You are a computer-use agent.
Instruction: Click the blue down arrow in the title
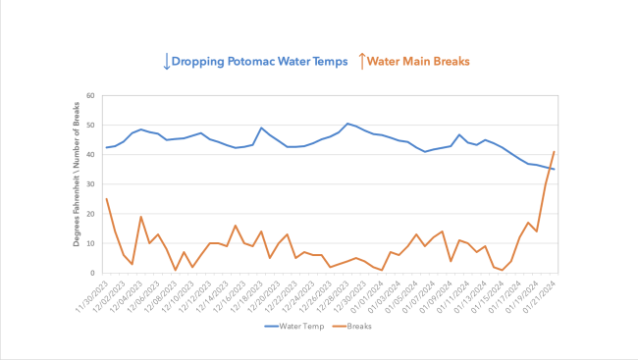(x=166, y=61)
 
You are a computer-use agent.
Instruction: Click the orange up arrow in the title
(x=361, y=61)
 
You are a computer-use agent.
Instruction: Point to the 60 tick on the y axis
(x=90, y=96)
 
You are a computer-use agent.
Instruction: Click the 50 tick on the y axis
(x=90, y=126)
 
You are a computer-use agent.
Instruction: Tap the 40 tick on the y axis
(x=90, y=155)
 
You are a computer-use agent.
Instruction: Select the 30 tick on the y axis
(x=90, y=184)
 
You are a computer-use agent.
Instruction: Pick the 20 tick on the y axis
(x=90, y=214)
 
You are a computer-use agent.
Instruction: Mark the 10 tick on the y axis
(x=90, y=243)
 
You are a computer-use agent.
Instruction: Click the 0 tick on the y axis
(x=92, y=273)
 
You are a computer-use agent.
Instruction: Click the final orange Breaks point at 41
(x=555, y=152)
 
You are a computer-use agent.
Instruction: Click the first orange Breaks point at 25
(x=107, y=199)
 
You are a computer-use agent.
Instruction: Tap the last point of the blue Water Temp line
(x=555, y=170)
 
